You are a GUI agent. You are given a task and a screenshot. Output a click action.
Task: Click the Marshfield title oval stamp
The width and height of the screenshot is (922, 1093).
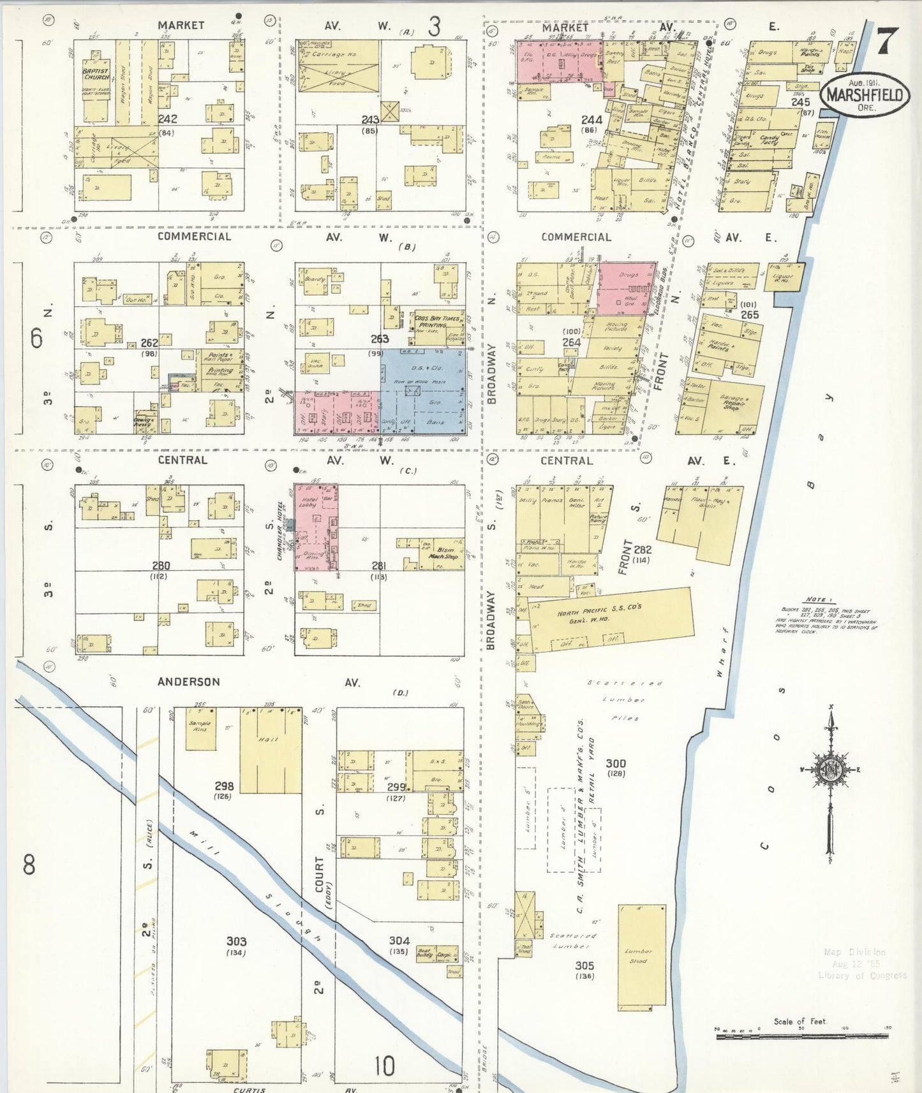pyautogui.click(x=865, y=95)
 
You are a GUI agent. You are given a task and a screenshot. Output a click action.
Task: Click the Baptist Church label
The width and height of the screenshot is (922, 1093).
pyautogui.click(x=96, y=74)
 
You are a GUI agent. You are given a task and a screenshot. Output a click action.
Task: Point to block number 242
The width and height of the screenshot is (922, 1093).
pyautogui.click(x=168, y=119)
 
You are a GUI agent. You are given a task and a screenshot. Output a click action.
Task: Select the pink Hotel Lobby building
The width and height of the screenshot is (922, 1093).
pyautogui.click(x=316, y=527)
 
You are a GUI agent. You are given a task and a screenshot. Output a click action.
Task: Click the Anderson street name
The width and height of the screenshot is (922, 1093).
pyautogui.click(x=189, y=682)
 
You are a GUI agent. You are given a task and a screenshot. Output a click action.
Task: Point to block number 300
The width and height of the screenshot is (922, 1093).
pyautogui.click(x=615, y=763)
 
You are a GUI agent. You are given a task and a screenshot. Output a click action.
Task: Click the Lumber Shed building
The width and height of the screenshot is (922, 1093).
pyautogui.click(x=641, y=957)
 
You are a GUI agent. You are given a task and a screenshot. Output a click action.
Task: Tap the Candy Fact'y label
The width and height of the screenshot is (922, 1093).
pyautogui.click(x=770, y=140)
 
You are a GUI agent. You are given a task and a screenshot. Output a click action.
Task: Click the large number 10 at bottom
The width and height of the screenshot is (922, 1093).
pyautogui.click(x=384, y=1066)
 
